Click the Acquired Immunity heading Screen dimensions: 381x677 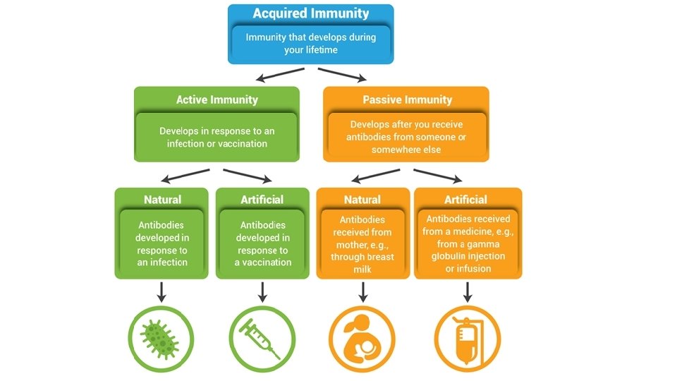coord(310,13)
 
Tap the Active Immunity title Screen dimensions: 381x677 coord(216,99)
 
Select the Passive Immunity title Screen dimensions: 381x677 coord(407,99)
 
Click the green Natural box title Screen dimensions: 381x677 coord(162,200)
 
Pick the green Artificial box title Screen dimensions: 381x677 coord(262,200)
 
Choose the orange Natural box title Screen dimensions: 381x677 coord(362,200)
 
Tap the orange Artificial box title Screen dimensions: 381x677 coord(465,200)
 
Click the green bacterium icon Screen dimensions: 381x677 coord(161,337)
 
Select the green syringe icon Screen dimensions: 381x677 coord(262,337)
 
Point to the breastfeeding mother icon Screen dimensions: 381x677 coord(362,337)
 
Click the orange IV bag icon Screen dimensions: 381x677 coord(466,337)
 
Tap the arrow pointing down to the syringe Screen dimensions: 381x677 coord(262,291)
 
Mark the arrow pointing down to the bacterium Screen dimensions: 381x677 coord(161,291)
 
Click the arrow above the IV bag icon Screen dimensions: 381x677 coord(466,291)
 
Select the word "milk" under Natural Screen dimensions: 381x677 coord(362,270)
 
